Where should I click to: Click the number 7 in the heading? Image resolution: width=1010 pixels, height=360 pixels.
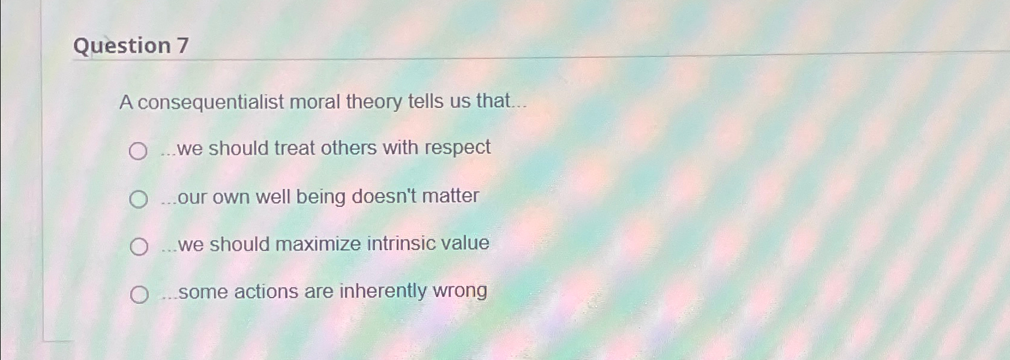tap(182, 46)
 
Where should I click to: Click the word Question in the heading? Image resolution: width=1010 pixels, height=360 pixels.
tap(122, 46)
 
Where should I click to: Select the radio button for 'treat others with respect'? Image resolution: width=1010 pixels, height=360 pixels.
tap(138, 151)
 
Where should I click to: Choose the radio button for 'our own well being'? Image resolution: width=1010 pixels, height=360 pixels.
tap(139, 199)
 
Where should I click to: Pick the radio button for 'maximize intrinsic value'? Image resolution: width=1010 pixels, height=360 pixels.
tap(139, 246)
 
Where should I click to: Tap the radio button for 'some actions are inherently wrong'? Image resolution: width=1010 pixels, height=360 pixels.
tap(139, 294)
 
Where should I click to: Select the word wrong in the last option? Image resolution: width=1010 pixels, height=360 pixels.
tap(460, 291)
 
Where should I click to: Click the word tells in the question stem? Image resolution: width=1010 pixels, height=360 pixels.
tap(425, 101)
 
